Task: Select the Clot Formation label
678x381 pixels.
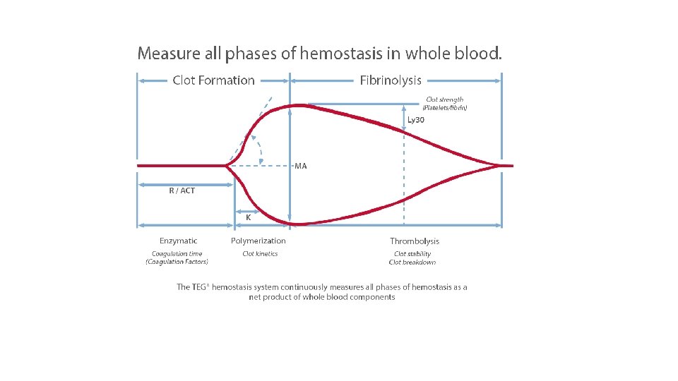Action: click(213, 80)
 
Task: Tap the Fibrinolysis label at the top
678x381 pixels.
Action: click(391, 80)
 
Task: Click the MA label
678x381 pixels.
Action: click(301, 167)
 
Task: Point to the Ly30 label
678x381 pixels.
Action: click(416, 120)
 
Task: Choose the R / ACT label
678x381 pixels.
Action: click(182, 190)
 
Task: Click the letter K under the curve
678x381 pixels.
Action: click(249, 218)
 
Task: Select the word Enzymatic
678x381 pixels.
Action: click(178, 241)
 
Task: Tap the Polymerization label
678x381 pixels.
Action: click(258, 241)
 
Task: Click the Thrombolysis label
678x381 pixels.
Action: click(415, 241)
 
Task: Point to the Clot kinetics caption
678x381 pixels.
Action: click(260, 254)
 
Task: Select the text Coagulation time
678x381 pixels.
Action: click(177, 254)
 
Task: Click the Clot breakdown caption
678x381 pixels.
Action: click(412, 262)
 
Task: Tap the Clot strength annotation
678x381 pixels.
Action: click(445, 100)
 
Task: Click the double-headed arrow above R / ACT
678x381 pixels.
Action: click(185, 185)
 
